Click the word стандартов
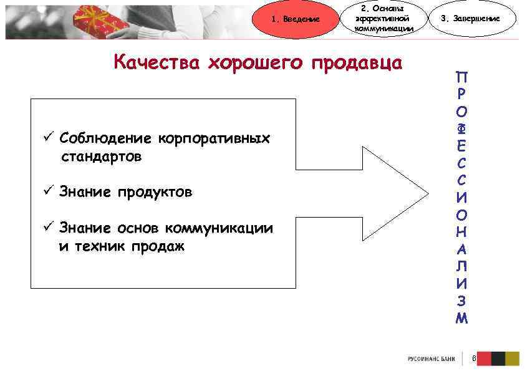tap(101, 157)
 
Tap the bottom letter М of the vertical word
tap(461, 318)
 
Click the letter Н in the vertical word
tap(461, 232)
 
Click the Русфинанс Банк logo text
tap(431, 359)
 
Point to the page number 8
tap(474, 359)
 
